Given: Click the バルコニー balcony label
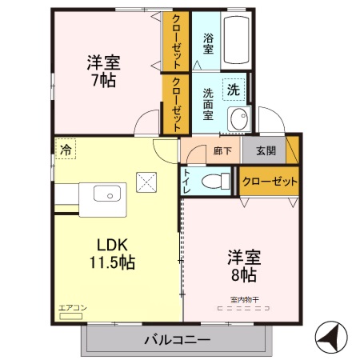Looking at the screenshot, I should point(177,339).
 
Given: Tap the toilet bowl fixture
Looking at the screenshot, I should point(213,180).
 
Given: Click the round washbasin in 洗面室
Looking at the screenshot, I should point(238,120).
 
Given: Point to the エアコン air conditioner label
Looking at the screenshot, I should point(70,306).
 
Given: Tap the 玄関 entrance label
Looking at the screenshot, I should point(266,150).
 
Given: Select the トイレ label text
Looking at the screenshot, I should point(187,180).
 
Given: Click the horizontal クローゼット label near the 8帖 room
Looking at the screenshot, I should point(269,181).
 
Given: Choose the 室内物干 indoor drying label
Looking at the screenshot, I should point(244,300).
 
